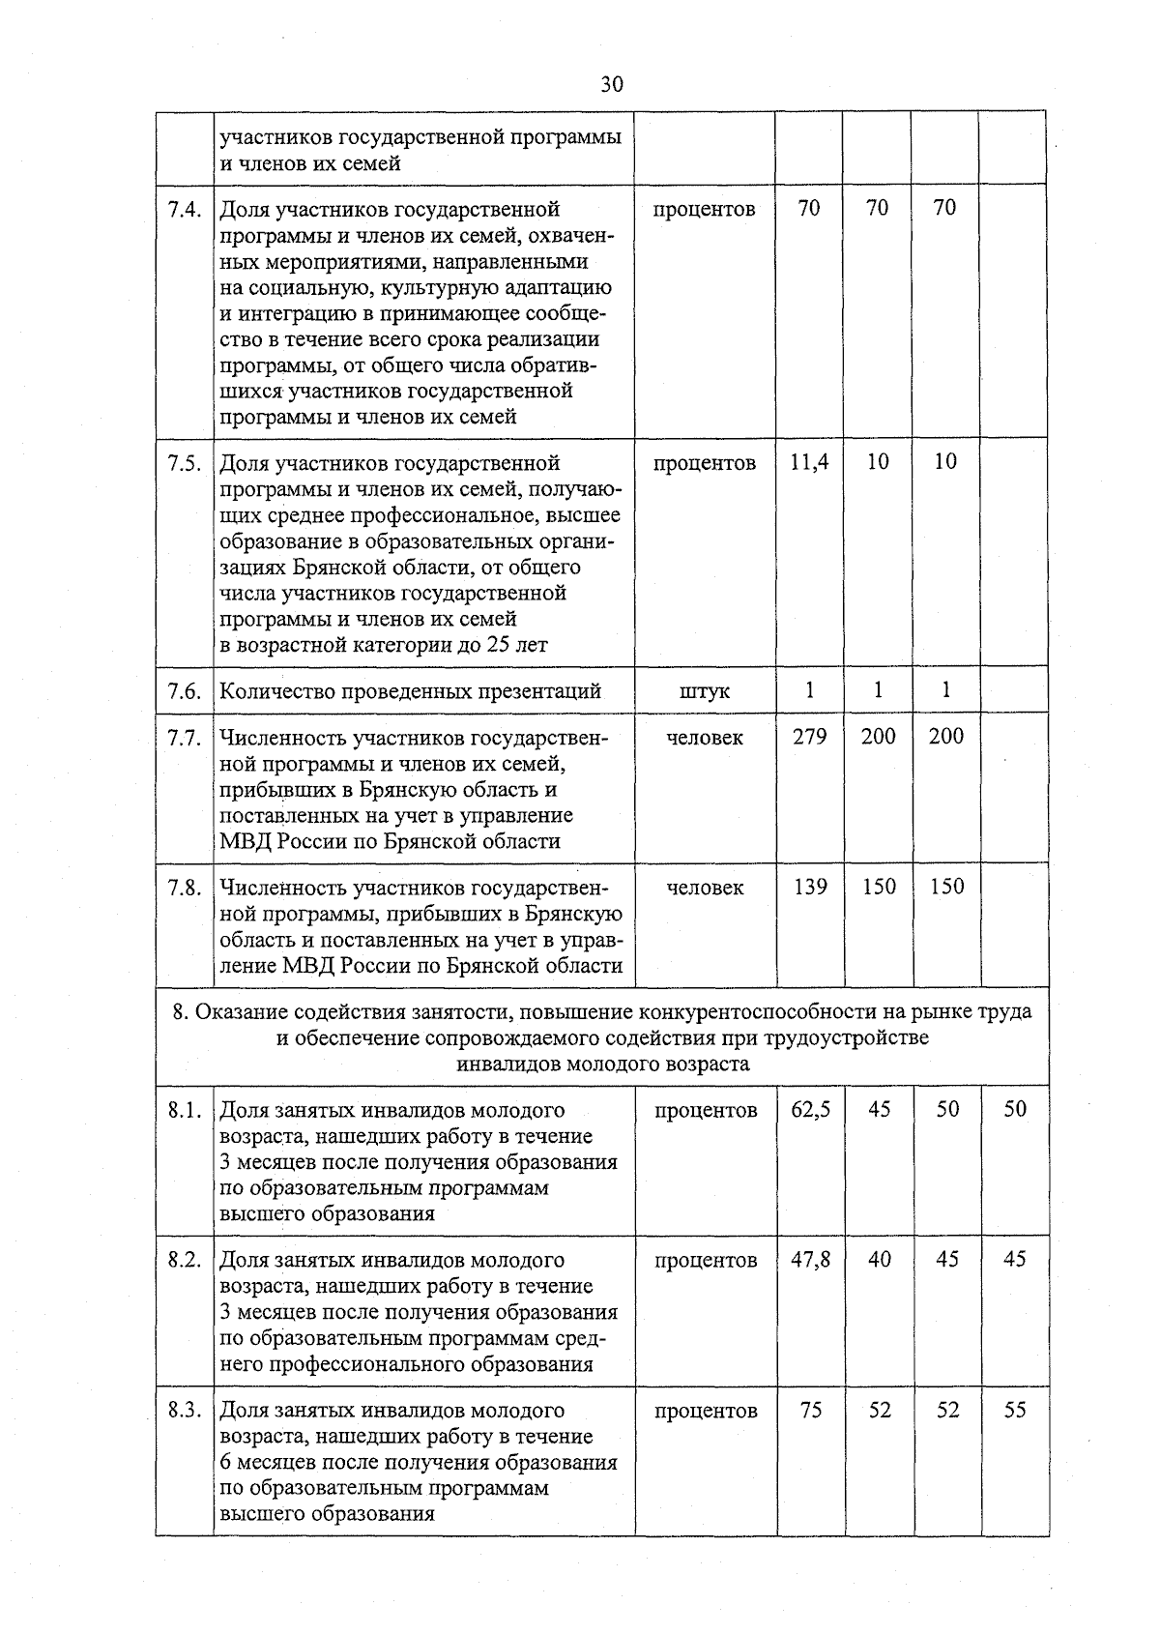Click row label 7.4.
click(184, 209)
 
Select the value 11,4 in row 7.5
click(809, 462)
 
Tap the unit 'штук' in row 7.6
click(705, 691)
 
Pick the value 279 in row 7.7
click(809, 737)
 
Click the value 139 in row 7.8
click(809, 887)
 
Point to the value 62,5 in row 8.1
click(810, 1110)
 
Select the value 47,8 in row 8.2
click(810, 1261)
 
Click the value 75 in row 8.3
click(810, 1411)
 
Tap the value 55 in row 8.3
click(1014, 1411)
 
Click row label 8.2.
click(184, 1261)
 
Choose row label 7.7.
click(184, 738)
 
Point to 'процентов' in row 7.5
click(704, 463)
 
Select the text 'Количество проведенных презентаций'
click(411, 691)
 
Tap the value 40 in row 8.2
click(879, 1261)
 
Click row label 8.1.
click(184, 1111)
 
